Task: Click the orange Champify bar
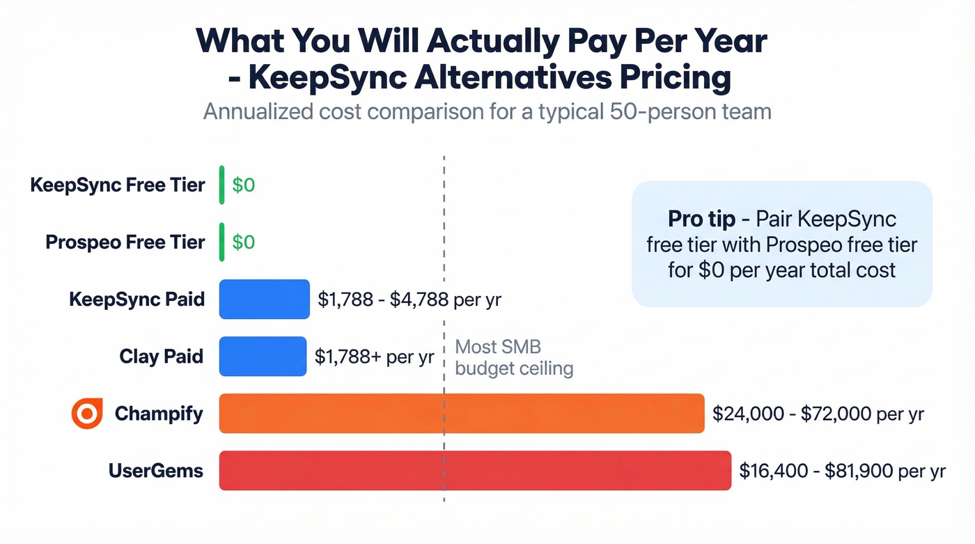462,413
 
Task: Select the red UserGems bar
475,471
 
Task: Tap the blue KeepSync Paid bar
264,300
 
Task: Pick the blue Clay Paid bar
263,357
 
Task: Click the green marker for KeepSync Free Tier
222,185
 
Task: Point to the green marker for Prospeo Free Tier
222,242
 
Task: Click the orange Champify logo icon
87,414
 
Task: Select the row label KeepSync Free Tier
118,185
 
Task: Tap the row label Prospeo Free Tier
125,242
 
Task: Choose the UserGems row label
156,471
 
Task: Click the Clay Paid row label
162,357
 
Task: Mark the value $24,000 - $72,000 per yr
818,414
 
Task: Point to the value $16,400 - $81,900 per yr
842,471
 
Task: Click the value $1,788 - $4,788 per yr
409,300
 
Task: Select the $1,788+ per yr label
374,357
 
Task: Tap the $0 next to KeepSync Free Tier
244,185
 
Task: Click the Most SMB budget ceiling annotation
513,357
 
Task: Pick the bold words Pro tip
701,219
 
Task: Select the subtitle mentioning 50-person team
487,111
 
